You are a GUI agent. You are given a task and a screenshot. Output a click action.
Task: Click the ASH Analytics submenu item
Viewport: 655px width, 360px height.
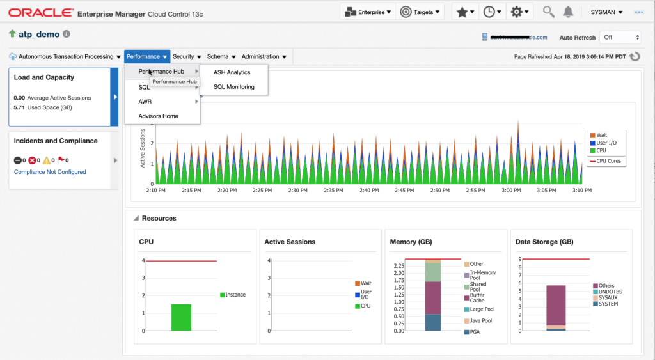(232, 72)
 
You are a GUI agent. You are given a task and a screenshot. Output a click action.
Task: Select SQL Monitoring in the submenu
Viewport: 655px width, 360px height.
(233, 87)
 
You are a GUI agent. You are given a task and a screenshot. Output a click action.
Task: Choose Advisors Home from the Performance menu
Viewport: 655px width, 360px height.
(158, 116)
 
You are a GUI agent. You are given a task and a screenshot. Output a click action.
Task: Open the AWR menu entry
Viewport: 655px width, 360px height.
(145, 102)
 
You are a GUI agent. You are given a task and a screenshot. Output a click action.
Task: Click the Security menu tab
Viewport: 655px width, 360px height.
(187, 57)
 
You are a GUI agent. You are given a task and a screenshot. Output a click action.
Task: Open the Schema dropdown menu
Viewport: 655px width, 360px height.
(221, 57)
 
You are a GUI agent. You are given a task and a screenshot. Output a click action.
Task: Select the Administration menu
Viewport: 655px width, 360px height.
(264, 57)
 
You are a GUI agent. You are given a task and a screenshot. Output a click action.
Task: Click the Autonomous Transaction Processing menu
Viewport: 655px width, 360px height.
(65, 57)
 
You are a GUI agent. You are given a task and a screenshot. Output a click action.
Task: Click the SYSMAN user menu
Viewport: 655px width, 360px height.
(603, 12)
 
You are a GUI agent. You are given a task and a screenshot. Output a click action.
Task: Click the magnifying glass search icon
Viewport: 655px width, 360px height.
(548, 12)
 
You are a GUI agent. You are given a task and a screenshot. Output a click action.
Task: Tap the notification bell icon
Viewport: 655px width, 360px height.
(568, 12)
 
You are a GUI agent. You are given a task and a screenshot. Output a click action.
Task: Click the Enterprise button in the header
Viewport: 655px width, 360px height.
(368, 12)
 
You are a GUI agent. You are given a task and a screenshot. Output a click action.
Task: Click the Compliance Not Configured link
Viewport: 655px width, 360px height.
(50, 172)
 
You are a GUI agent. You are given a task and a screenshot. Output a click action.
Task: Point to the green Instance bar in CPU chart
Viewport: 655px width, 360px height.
(181, 317)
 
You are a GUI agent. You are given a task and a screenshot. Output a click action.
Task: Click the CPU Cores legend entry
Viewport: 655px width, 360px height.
(608, 162)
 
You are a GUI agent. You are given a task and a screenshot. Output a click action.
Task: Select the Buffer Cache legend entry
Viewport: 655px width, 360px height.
(477, 297)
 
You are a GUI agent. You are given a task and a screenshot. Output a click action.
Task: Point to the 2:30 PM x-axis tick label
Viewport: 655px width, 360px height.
(297, 191)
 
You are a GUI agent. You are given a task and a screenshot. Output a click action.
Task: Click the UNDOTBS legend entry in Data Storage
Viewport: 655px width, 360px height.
(610, 292)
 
